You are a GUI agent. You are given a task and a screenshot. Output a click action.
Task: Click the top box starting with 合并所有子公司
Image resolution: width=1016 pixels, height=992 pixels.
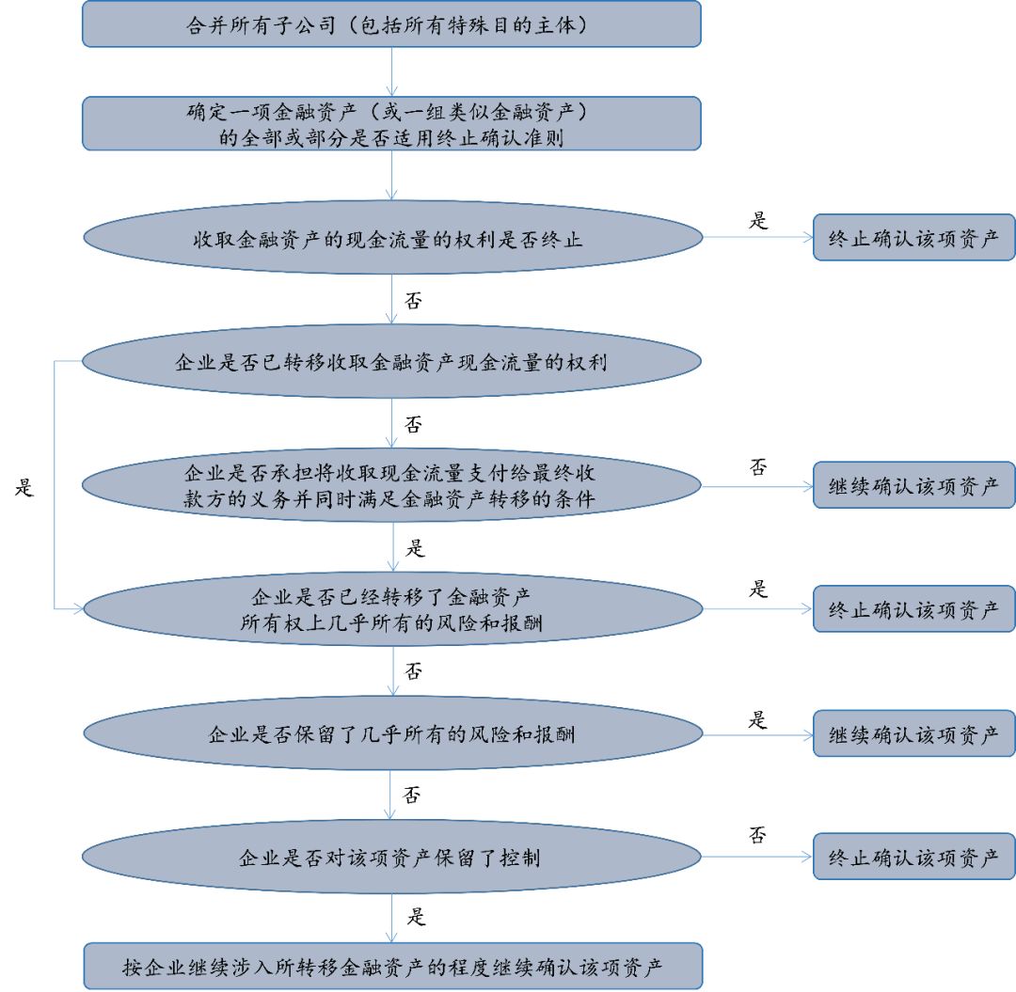[391, 24]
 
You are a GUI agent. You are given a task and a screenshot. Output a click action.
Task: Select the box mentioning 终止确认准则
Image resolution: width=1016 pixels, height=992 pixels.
[391, 123]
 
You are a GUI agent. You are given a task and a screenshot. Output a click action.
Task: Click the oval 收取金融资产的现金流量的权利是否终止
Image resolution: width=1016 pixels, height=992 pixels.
[391, 238]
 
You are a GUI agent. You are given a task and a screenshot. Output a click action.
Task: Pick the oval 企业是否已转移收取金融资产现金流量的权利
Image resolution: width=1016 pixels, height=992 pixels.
[391, 362]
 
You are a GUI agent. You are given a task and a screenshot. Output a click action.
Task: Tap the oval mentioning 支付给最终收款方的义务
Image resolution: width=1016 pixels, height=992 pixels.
[391, 486]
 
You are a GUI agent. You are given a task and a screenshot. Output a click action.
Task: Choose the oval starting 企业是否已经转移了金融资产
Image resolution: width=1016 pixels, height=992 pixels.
[391, 609]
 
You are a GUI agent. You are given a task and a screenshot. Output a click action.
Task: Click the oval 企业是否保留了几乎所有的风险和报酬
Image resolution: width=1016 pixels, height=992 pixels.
[391, 733]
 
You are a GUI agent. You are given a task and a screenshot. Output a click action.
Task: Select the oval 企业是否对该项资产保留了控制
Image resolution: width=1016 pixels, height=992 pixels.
[391, 857]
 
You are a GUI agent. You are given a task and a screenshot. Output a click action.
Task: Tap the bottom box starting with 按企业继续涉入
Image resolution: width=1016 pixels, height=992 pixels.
[391, 966]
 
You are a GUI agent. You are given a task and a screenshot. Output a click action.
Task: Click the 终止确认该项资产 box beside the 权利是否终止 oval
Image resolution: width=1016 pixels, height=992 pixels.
[913, 239]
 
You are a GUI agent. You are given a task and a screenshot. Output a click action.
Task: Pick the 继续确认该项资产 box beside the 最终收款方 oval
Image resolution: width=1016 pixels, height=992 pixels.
[913, 486]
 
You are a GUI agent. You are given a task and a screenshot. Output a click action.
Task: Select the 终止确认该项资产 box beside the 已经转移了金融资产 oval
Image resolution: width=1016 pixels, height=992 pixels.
[913, 609]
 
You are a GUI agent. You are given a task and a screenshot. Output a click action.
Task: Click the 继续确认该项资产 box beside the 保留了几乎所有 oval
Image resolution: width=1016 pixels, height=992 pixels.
[913, 733]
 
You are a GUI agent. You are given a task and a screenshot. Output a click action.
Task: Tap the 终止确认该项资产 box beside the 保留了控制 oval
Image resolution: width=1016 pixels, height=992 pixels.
[913, 857]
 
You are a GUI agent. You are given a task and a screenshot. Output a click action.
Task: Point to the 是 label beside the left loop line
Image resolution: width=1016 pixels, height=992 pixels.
[24, 487]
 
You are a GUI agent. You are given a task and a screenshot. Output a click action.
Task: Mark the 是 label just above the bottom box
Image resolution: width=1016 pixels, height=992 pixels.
[415, 917]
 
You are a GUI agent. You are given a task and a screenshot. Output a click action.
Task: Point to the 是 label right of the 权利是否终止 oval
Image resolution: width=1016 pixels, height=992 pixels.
[758, 221]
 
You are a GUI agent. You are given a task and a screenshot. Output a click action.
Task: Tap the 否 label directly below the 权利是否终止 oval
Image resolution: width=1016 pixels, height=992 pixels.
[413, 301]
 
